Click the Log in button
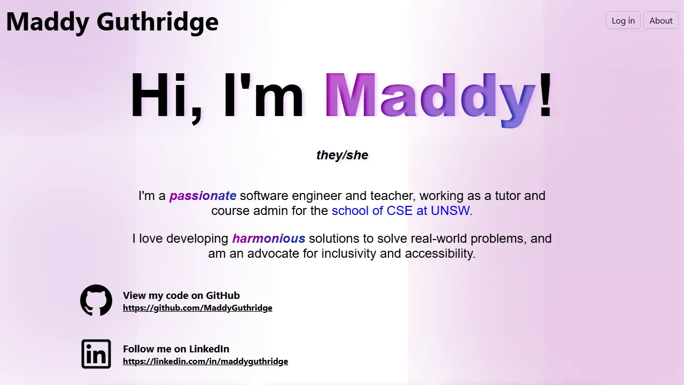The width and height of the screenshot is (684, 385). [623, 20]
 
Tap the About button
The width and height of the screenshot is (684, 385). [660, 20]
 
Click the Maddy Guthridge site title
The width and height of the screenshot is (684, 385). [112, 21]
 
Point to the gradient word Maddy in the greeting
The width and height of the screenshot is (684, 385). [430, 96]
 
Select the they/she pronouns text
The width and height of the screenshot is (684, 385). [342, 155]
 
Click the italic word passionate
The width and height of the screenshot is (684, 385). [203, 196]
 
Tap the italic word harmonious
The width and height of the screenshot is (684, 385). [269, 238]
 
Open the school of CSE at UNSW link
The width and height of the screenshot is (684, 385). [400, 211]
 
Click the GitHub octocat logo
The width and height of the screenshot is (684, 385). [96, 300]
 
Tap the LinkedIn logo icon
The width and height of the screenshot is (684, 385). [96, 354]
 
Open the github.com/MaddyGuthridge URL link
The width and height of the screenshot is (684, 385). [197, 308]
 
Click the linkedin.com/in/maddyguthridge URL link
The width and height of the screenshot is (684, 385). [205, 361]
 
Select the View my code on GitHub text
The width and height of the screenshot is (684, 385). [181, 295]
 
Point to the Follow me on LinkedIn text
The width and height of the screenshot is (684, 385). [176, 349]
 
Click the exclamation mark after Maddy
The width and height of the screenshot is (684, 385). [546, 95]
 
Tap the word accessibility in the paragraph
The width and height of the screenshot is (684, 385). [438, 253]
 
